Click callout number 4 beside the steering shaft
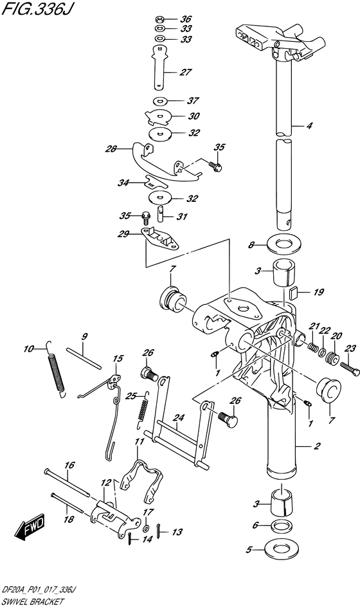(309, 126)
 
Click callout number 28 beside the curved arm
(111, 150)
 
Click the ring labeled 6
(281, 526)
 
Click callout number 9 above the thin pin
(84, 336)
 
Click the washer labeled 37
(159, 101)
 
